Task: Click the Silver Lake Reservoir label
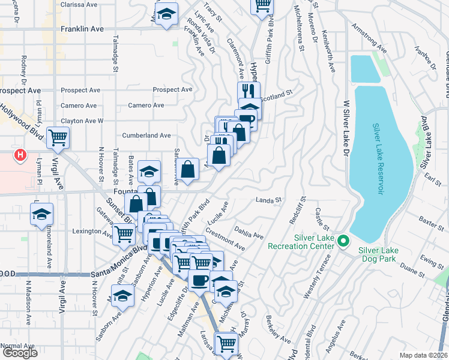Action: (x=377, y=158)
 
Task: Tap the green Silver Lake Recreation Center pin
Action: (x=343, y=242)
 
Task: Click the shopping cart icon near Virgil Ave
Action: (x=58, y=139)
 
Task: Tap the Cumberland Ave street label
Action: (x=146, y=136)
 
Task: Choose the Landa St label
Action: (x=268, y=200)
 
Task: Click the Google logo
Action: (x=19, y=353)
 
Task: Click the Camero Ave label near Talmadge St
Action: (x=146, y=106)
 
